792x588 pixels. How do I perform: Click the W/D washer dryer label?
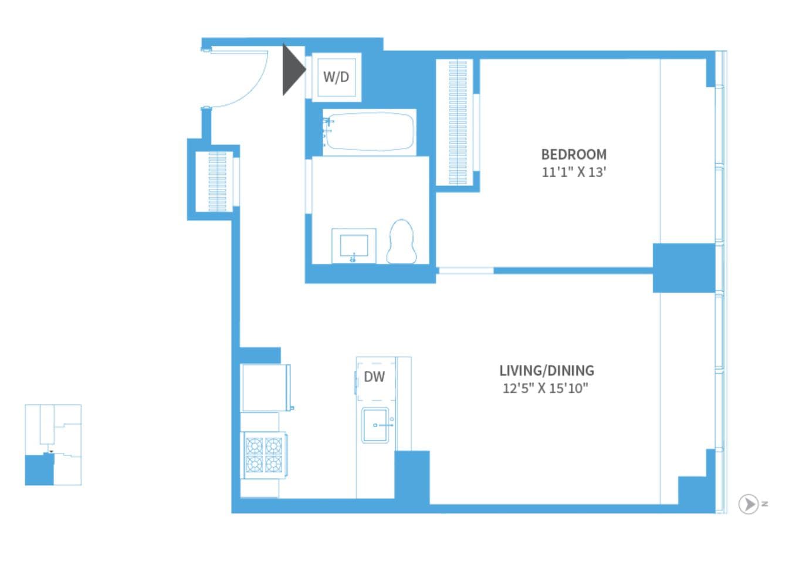pyautogui.click(x=336, y=77)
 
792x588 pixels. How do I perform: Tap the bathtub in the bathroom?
pyautogui.click(x=370, y=131)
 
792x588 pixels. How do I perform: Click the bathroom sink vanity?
pyautogui.click(x=354, y=246)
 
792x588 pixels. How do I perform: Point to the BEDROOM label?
pyautogui.click(x=573, y=154)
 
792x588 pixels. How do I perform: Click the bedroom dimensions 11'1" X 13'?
pyautogui.click(x=573, y=173)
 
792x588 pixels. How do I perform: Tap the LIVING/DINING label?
pyautogui.click(x=546, y=370)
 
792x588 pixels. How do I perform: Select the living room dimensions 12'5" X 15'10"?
pyautogui.click(x=545, y=388)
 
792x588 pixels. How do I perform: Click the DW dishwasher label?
pyautogui.click(x=374, y=377)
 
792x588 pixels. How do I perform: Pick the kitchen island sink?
pyautogui.click(x=375, y=425)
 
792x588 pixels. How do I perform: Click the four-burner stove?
pyautogui.click(x=263, y=455)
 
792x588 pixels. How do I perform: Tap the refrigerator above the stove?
pyautogui.click(x=265, y=387)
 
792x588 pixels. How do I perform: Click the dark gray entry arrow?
pyautogui.click(x=293, y=69)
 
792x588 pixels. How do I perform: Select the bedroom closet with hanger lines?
pyautogui.click(x=458, y=122)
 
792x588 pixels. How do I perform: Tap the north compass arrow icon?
pyautogui.click(x=748, y=503)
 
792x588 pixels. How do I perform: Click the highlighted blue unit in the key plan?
pyautogui.click(x=39, y=470)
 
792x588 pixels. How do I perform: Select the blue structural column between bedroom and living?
pyautogui.click(x=683, y=268)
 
